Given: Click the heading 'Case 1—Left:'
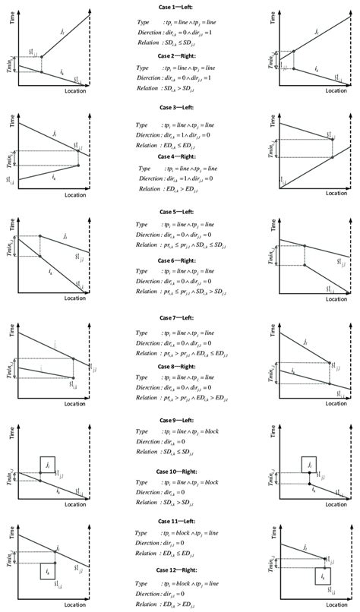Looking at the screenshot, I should click(x=179, y=7).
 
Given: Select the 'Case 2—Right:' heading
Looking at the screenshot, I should click(x=179, y=56).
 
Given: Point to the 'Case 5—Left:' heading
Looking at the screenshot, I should click(x=179, y=212).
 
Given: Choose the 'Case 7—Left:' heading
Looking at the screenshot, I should click(x=179, y=317).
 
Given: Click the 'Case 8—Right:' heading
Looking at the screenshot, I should click(x=179, y=366).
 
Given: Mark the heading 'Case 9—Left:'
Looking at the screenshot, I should click(x=179, y=420).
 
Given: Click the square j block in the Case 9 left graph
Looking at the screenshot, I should click(x=48, y=465).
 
